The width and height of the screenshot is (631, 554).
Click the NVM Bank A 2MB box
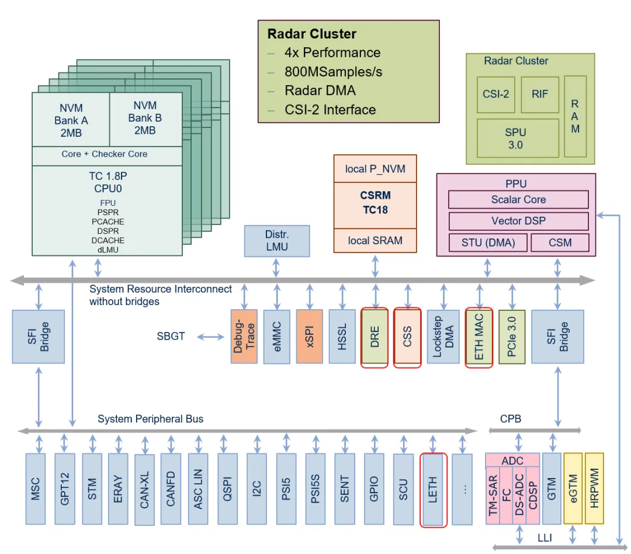[x=71, y=120]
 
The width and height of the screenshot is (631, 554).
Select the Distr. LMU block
[x=277, y=241]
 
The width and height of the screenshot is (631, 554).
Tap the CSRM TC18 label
[x=375, y=203]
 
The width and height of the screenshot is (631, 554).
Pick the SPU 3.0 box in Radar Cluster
[x=518, y=138]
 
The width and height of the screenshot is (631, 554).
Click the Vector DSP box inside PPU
[x=518, y=221]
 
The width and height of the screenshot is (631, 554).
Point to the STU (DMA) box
[x=488, y=243]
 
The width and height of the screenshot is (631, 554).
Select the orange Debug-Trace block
[x=244, y=337]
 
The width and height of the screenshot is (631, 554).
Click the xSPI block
[x=310, y=337]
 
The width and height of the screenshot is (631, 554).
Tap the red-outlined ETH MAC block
[x=479, y=337]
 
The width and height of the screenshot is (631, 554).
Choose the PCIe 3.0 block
[x=512, y=337]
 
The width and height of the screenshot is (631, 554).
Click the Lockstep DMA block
[x=443, y=337]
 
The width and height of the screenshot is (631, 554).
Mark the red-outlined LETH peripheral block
[x=434, y=490]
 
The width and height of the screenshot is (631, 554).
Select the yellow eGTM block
[x=573, y=489]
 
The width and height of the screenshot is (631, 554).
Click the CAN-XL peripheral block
[x=144, y=490]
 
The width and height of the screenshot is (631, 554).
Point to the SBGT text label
[x=171, y=336]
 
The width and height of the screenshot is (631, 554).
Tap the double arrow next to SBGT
[x=210, y=337]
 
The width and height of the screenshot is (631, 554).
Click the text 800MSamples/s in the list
[x=333, y=72]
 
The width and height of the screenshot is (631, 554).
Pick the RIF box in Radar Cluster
[x=540, y=95]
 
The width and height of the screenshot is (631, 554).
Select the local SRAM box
[x=375, y=241]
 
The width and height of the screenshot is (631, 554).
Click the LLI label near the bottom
[x=545, y=538]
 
